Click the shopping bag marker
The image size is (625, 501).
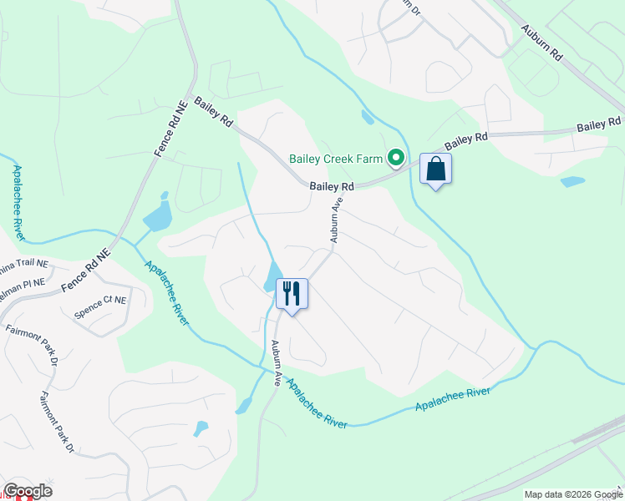tap(435, 170)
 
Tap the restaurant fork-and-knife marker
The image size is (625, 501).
tap(292, 294)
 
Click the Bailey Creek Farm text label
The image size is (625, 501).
tap(335, 158)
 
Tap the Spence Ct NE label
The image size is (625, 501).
tap(100, 306)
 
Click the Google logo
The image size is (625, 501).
tap(28, 491)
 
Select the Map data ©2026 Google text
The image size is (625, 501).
tap(573, 494)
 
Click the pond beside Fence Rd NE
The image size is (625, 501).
tap(157, 216)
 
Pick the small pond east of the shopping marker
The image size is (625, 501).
tap(572, 181)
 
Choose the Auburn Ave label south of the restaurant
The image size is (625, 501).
tap(275, 362)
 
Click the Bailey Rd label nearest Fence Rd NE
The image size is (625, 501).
tap(213, 111)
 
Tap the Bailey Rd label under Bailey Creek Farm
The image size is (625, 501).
tap(332, 187)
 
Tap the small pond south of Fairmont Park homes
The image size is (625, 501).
tap(201, 428)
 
